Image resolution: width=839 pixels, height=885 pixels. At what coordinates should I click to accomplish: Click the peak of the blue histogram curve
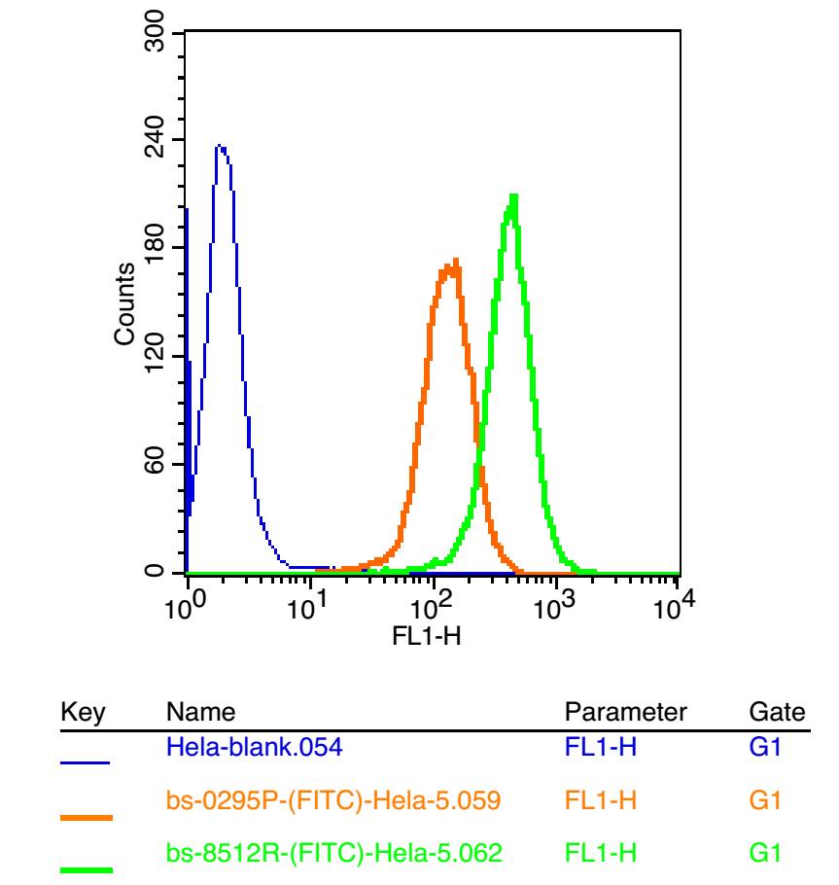(220, 147)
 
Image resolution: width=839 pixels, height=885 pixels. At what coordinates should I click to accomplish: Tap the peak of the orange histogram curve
(453, 261)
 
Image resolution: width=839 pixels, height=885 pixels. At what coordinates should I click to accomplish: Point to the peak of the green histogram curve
(512, 195)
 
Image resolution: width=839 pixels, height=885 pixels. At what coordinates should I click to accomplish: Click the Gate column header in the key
(778, 713)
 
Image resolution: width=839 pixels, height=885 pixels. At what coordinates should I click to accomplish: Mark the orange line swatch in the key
(86, 817)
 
